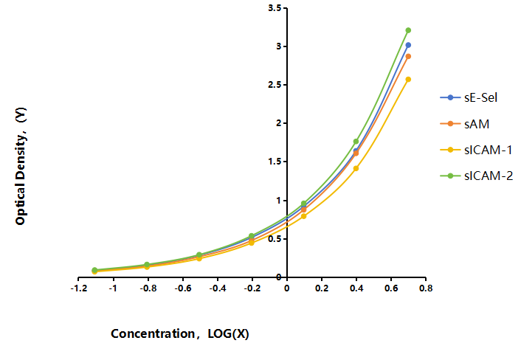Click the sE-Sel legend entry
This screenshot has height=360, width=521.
[469, 97]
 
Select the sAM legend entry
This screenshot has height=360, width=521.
[464, 124]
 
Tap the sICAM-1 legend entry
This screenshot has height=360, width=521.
[476, 150]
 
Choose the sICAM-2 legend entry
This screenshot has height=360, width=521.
[477, 176]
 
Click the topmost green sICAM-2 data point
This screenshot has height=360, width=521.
[408, 30]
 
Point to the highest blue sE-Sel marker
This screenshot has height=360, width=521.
[408, 45]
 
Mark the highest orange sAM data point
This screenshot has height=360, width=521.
[408, 57]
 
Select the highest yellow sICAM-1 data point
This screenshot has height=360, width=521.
[408, 80]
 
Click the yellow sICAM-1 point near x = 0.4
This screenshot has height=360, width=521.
[356, 168]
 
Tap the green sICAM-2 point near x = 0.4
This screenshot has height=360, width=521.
[356, 142]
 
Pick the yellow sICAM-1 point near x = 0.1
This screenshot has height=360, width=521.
[304, 216]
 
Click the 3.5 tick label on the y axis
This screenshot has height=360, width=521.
[275, 8]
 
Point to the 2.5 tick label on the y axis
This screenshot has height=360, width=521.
[275, 85]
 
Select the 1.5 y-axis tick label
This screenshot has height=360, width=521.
[275, 162]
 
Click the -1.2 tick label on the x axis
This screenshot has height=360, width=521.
[79, 288]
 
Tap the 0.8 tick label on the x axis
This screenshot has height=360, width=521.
[426, 288]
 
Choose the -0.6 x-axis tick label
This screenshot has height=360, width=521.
[183, 288]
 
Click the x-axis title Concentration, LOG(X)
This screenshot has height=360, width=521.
[180, 333]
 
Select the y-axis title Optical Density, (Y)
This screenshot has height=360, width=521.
[21, 166]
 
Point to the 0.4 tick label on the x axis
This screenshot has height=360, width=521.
[356, 288]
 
